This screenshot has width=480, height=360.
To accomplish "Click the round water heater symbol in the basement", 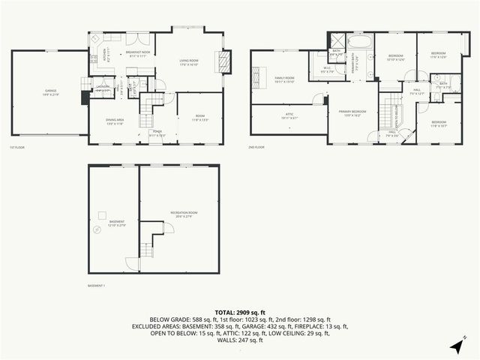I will pos(95,230).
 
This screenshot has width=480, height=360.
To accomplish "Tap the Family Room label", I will pos(284,79).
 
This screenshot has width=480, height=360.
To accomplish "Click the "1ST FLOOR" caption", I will pos(16,148).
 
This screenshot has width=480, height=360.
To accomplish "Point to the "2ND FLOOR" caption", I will pos(257,148).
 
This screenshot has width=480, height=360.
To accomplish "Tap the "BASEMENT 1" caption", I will pos(97,286).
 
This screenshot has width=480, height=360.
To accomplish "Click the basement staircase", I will pos(150,241).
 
